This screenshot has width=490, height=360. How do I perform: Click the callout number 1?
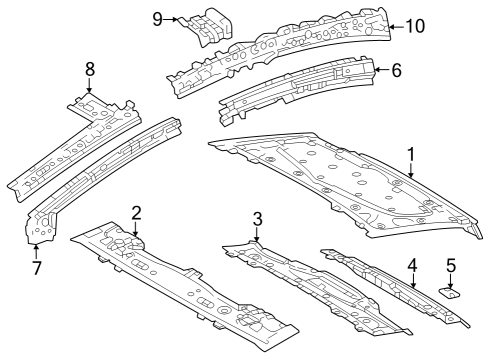411,154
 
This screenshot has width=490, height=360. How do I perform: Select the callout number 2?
136,213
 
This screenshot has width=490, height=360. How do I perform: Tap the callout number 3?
257,219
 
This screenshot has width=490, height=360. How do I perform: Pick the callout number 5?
451,266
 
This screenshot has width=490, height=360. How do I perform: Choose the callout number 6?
396,70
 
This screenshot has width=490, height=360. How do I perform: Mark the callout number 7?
36,268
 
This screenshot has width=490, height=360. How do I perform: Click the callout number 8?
90,69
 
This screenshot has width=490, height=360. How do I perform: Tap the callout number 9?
157,19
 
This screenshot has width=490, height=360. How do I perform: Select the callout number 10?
415,26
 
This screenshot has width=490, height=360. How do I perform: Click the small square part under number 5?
450,293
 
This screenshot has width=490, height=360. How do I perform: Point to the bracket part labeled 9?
207,27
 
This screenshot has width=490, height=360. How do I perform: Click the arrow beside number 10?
397,26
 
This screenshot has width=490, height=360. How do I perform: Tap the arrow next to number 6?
382,70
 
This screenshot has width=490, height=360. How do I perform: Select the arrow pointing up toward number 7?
36,251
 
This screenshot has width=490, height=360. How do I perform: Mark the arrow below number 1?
411,170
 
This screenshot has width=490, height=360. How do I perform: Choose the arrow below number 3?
257,234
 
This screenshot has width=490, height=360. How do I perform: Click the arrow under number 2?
135,229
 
